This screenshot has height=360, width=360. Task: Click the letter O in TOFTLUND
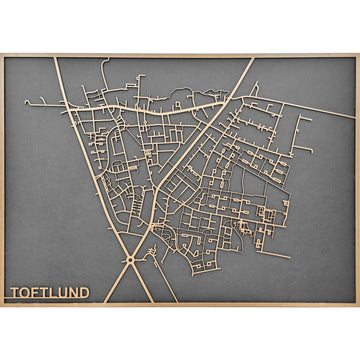pyautogui.click(x=25, y=293)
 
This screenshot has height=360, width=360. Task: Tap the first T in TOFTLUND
pyautogui.click(x=14, y=293)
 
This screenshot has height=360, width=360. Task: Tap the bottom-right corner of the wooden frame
pyautogui.click(x=358, y=305)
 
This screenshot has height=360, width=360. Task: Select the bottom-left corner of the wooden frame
pyautogui.click(x=2, y=305)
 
